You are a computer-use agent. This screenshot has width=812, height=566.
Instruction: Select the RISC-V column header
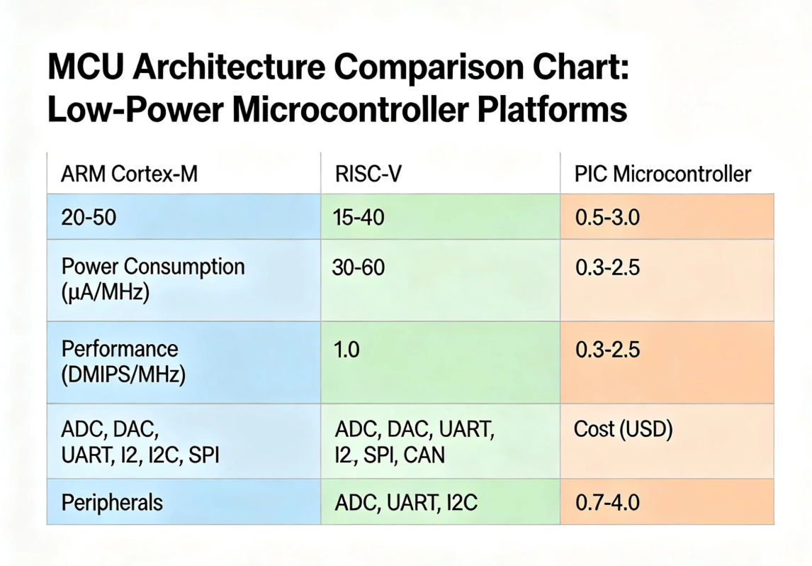(x=368, y=174)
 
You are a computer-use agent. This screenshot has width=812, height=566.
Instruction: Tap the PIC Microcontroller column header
(x=662, y=174)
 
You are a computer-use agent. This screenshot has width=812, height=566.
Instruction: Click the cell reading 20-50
(x=90, y=217)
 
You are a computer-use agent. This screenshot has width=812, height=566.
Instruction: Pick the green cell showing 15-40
(x=359, y=217)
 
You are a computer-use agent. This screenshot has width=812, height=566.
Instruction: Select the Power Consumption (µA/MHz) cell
(x=153, y=279)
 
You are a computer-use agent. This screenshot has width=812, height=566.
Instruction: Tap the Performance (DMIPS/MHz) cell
(x=124, y=361)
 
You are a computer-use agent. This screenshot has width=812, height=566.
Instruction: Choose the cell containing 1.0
(x=346, y=350)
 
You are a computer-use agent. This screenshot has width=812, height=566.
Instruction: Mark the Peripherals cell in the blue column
(x=112, y=503)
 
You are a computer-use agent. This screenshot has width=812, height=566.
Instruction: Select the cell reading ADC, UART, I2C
(x=406, y=503)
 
